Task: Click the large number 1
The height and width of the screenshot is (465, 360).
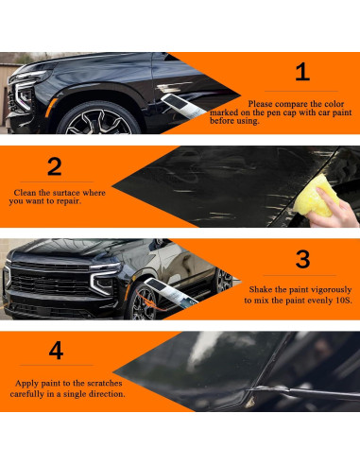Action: pos(302,72)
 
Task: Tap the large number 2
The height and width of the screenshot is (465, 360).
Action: pos(55,166)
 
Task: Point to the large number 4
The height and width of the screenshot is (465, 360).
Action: pos(57,352)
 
